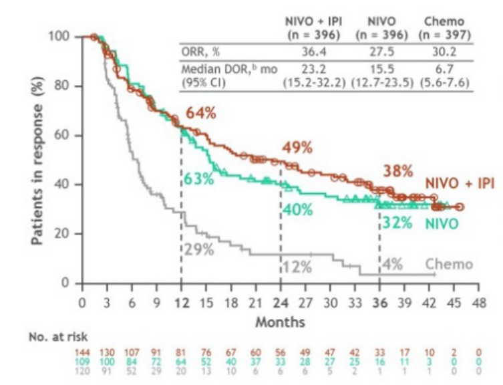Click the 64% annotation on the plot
coord(200,114)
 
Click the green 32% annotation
coord(397,223)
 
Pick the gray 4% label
coord(393,264)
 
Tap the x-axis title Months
coord(281,322)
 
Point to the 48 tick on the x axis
coord(479,301)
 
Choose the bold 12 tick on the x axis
coord(181,301)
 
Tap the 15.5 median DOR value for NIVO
coord(380,69)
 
